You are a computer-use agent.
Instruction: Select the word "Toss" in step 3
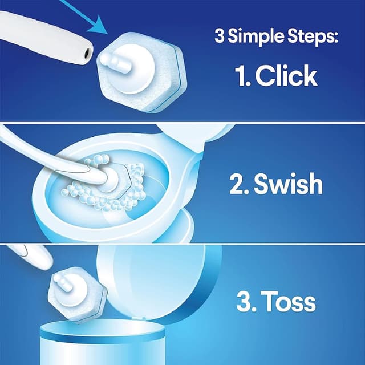point(290,302)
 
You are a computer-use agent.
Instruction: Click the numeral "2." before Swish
point(238,185)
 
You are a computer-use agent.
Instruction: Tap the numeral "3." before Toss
point(247,302)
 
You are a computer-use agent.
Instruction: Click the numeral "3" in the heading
point(219,38)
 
